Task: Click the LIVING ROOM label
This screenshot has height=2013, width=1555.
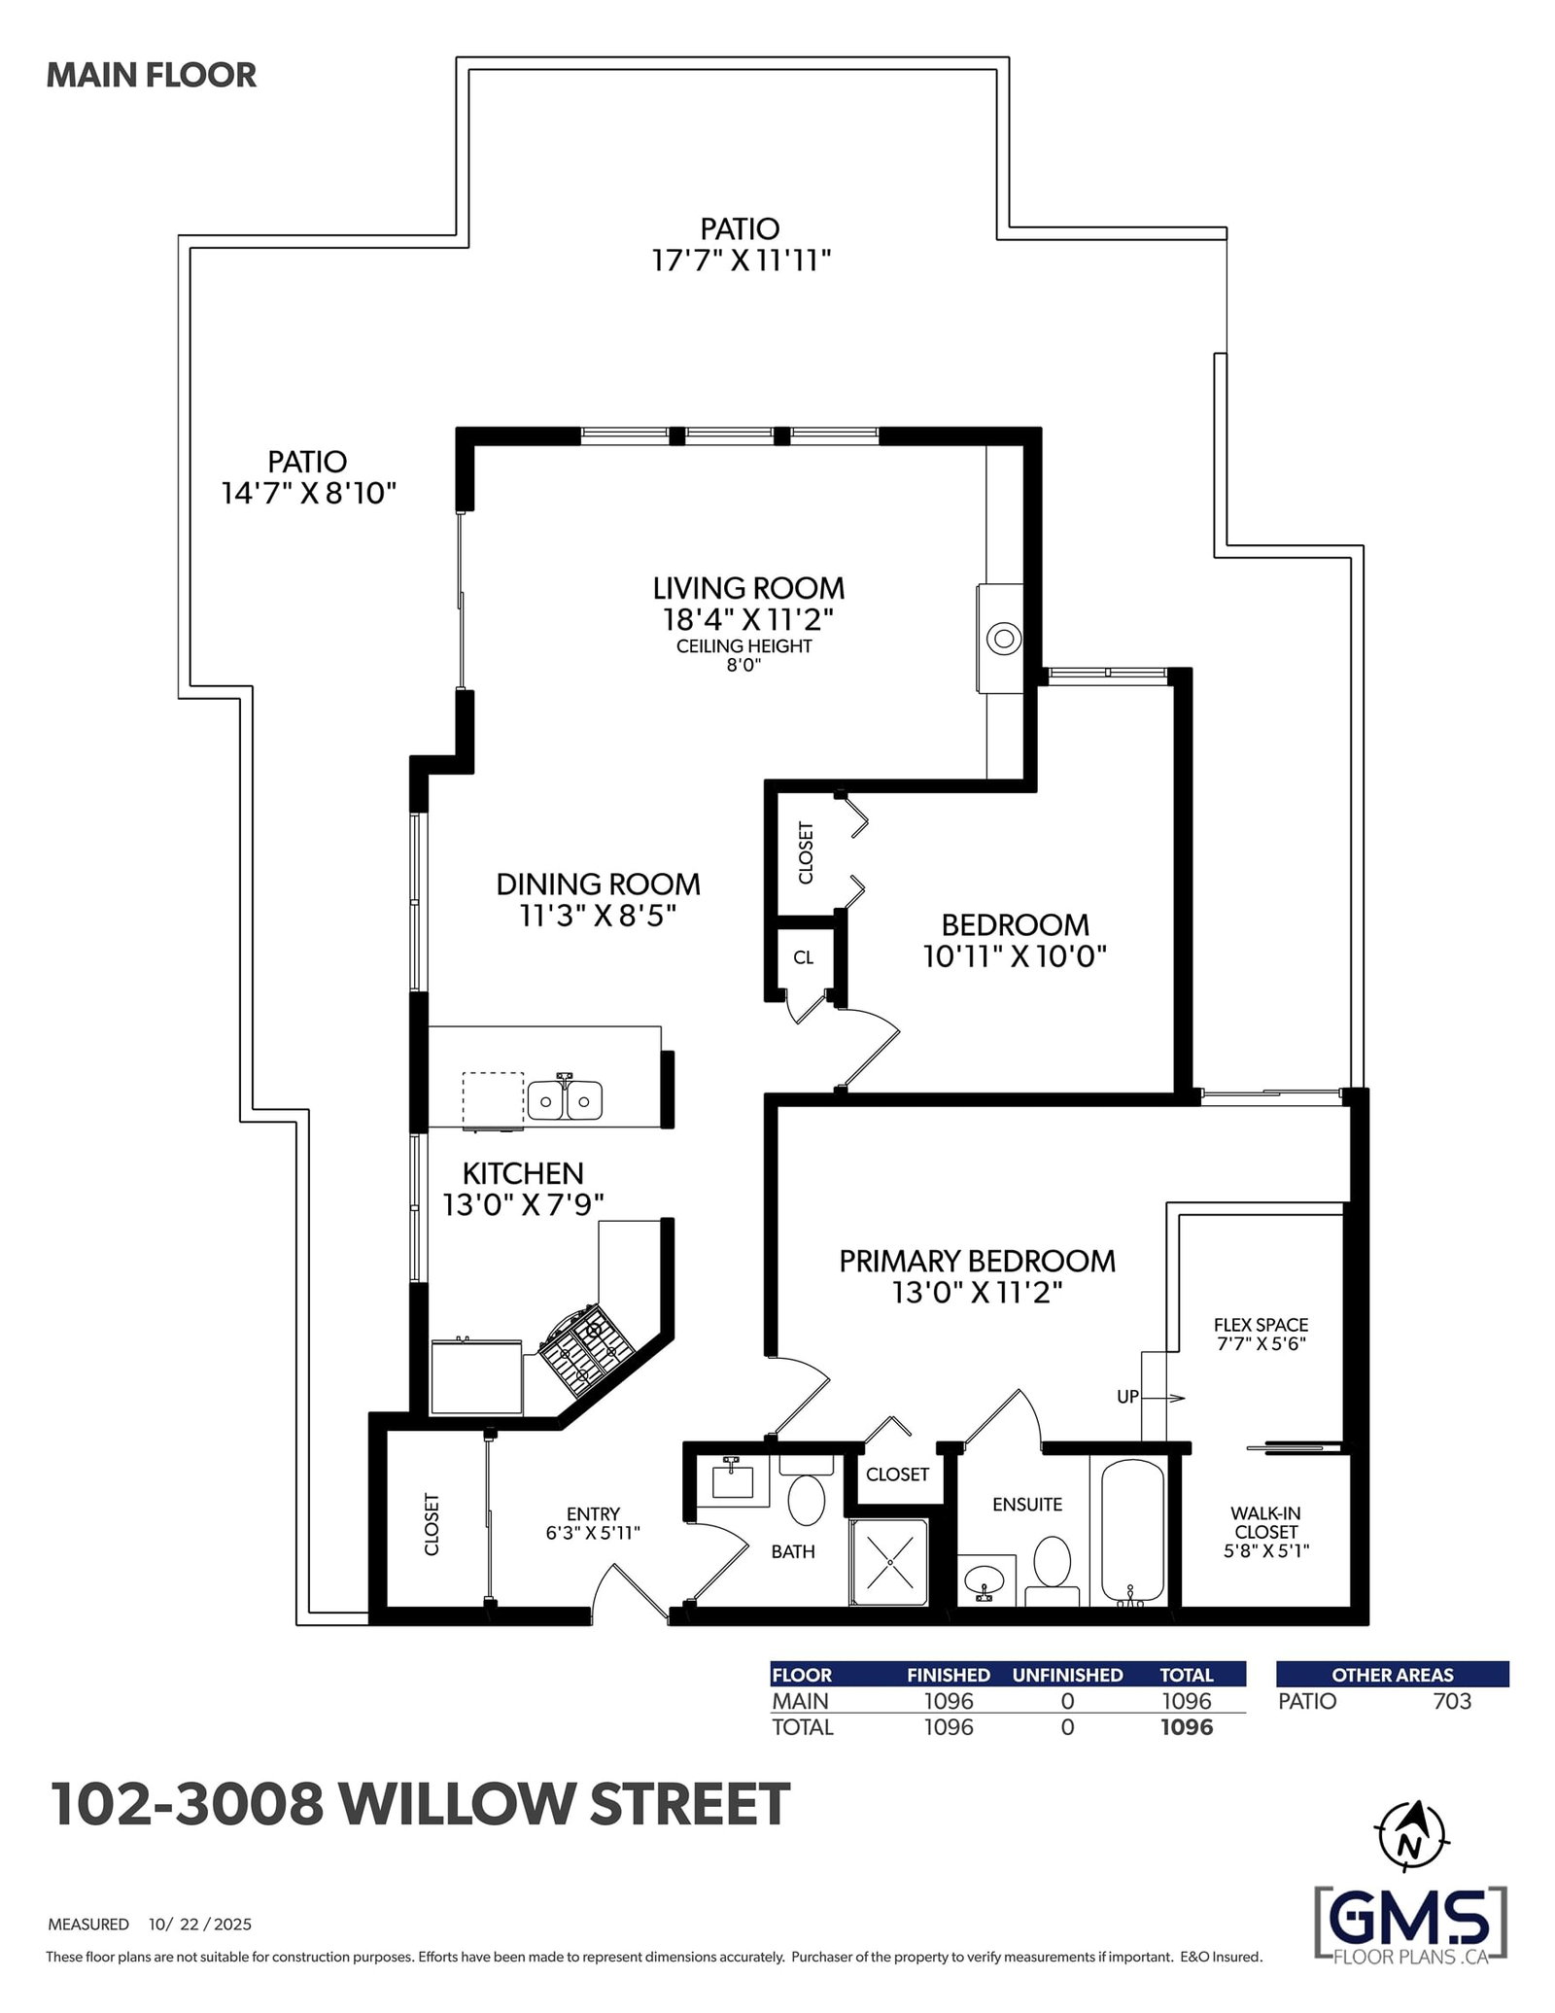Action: coord(748,588)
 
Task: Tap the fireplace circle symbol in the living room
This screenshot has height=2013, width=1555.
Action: coord(1004,639)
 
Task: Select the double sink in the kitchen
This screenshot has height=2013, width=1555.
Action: coord(565,1099)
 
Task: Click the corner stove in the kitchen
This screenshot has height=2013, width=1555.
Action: coord(587,1348)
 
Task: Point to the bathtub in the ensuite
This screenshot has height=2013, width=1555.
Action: coord(1132,1532)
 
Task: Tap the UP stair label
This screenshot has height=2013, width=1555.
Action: coord(1127,1397)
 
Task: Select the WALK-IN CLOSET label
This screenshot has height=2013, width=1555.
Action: coord(1265,1522)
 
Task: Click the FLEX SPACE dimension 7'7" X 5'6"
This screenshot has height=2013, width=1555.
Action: coord(1261,1344)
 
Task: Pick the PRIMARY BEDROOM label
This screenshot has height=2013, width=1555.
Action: coord(977,1261)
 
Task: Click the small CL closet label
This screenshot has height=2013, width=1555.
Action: coord(803,957)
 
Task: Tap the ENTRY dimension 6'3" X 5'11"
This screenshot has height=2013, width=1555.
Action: coord(593,1534)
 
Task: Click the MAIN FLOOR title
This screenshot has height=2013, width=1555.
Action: coord(152,75)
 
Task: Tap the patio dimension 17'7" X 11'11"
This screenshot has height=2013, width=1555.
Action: coord(741,260)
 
